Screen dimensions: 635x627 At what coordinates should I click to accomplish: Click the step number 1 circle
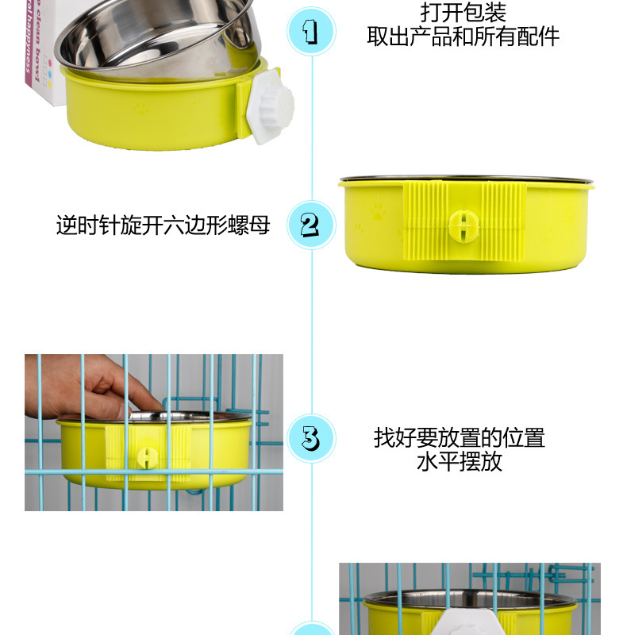pyautogui.click(x=310, y=32)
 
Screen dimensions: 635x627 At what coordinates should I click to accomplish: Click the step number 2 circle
pyautogui.click(x=310, y=225)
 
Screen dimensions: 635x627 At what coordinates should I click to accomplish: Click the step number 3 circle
pyautogui.click(x=310, y=438)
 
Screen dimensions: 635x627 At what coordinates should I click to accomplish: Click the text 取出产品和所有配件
pyautogui.click(x=463, y=37)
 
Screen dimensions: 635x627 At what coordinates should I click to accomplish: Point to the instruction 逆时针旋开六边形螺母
pyautogui.click(x=163, y=225)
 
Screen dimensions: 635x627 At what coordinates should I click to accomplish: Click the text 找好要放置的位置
pyautogui.click(x=460, y=437)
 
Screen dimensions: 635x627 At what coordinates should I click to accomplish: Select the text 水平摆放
pyautogui.click(x=460, y=461)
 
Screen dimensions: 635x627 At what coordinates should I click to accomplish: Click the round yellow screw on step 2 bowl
pyautogui.click(x=463, y=225)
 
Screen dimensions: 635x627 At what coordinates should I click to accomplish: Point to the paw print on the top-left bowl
pyautogui.click(x=140, y=106)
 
